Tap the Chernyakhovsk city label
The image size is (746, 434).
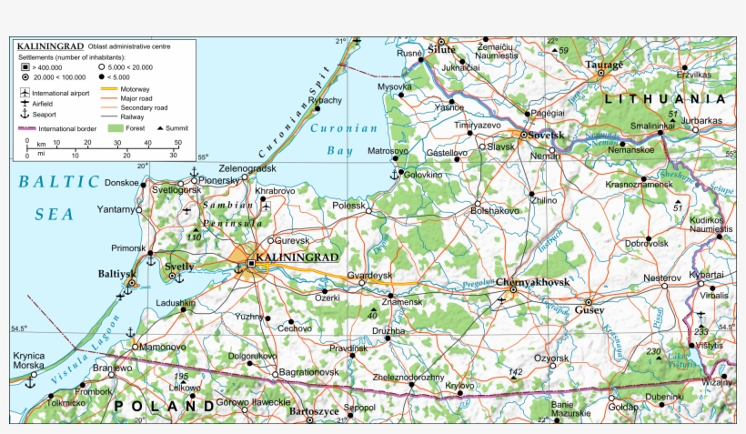[534, 282]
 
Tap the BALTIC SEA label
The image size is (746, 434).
[56, 197]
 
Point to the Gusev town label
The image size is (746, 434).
[589, 310]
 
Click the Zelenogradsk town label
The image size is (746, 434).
[247, 168]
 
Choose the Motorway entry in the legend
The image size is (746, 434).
[135, 88]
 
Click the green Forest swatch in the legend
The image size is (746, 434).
[115, 129]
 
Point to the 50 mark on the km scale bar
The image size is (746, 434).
[176, 142]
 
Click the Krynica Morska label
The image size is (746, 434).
[27, 360]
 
